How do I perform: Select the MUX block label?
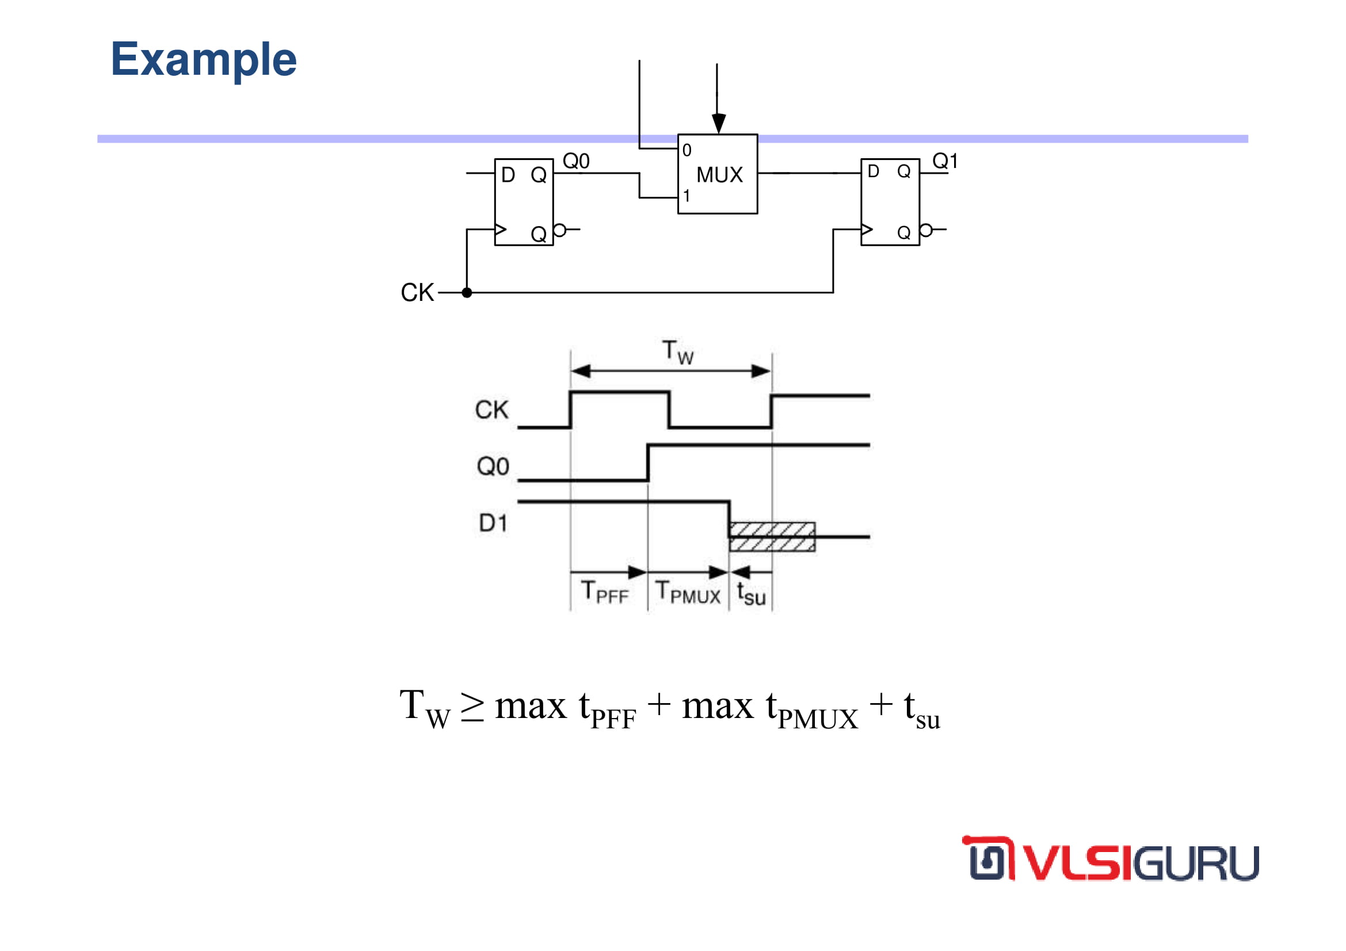(x=719, y=175)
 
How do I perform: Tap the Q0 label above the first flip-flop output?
(x=575, y=161)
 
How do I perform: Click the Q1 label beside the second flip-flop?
(x=944, y=161)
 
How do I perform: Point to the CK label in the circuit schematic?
(x=417, y=292)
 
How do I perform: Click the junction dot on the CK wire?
(x=467, y=292)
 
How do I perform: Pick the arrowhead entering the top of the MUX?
(x=719, y=124)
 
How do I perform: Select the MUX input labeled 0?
(x=687, y=151)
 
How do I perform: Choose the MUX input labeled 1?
(x=686, y=196)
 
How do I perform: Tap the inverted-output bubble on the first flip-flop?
(x=560, y=230)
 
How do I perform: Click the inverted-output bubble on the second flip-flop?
(x=926, y=230)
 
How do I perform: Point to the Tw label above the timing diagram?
(x=678, y=352)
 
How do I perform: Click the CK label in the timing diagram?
(x=491, y=410)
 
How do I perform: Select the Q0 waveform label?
(x=493, y=467)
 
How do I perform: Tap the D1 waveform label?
(x=493, y=522)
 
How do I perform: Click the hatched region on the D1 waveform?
(x=772, y=537)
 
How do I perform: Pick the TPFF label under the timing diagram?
(x=604, y=591)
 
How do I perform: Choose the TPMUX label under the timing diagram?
(x=688, y=591)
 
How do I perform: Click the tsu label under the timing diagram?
(x=751, y=593)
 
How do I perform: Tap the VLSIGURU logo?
(x=1109, y=858)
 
